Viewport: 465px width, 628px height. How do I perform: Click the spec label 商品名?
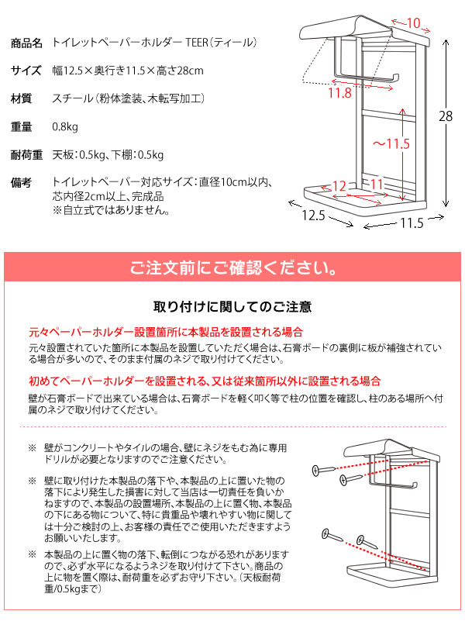pos(26,43)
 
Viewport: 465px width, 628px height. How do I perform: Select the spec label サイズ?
pos(26,71)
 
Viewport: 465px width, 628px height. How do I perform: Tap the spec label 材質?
pos(21,98)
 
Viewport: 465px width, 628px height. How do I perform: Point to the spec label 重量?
pos(21,126)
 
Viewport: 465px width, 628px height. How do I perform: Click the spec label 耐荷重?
pos(26,154)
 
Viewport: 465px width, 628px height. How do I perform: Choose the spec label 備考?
pos(21,183)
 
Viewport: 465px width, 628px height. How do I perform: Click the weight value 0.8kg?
pos(65,127)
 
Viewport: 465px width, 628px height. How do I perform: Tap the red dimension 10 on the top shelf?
pos(413,22)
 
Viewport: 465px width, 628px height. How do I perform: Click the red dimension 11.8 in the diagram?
pos(339,93)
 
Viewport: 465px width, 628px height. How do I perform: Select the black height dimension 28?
pos(446,116)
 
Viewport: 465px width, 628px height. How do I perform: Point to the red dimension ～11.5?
pos(391,143)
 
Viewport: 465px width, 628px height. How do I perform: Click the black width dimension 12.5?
pos(313,215)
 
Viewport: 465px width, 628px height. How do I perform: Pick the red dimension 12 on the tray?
pos(339,186)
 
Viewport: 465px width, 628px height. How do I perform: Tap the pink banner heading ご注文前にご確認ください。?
pos(233,267)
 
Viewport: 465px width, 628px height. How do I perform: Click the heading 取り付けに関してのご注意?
pos(232,307)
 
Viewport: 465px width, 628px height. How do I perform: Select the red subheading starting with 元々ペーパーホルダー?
pos(166,332)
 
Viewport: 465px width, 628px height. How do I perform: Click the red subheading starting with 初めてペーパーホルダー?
pos(205,381)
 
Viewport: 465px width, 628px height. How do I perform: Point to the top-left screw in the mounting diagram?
pos(324,470)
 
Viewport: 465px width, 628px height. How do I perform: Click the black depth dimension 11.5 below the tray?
pos(412,223)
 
